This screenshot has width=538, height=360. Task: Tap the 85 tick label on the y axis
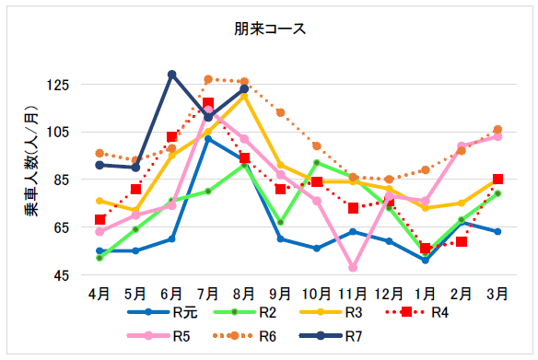click(x=60, y=180)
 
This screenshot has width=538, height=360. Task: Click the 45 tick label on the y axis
click(x=60, y=274)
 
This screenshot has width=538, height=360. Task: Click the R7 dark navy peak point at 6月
click(x=171, y=75)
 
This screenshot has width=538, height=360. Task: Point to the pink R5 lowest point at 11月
click(x=353, y=267)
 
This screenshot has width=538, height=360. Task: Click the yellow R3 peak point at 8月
click(x=244, y=94)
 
